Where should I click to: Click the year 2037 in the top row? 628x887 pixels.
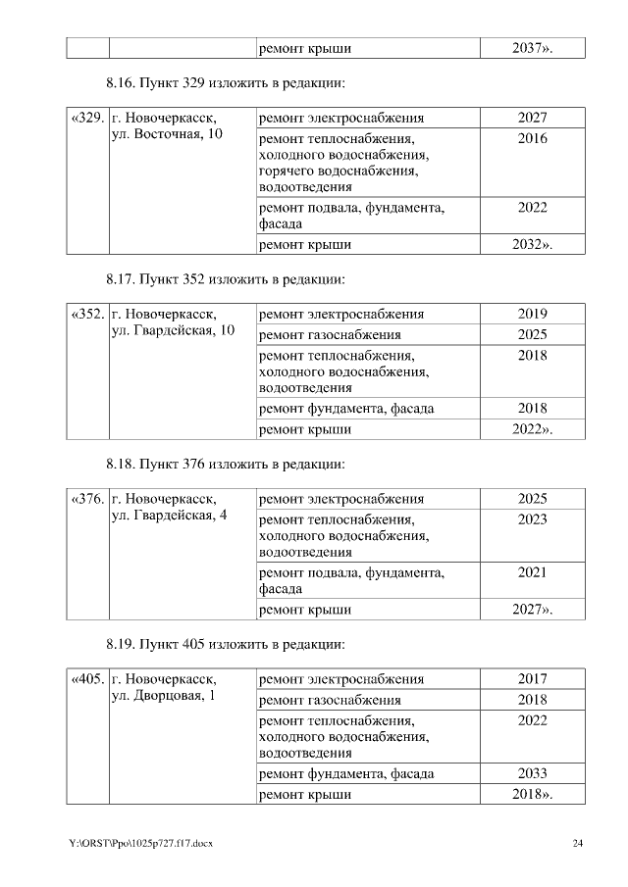532,48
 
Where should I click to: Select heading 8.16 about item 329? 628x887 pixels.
225,83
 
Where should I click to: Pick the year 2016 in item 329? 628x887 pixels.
532,139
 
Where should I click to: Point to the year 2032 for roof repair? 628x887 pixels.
532,244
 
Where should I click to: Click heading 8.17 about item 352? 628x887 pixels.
225,279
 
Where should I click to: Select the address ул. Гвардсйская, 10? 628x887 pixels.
173,330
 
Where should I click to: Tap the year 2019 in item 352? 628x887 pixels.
532,315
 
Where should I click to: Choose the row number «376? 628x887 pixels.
87,499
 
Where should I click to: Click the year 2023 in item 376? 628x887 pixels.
532,519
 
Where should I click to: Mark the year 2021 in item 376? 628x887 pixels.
532,572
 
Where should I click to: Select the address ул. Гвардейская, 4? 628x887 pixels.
169,516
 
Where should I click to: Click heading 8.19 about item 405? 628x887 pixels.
225,645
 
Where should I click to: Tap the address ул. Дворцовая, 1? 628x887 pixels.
163,696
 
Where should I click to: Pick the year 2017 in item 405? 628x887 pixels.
532,679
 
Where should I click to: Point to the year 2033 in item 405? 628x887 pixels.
532,773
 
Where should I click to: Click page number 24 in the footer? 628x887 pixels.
578,844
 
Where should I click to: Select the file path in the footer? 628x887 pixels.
139,844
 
